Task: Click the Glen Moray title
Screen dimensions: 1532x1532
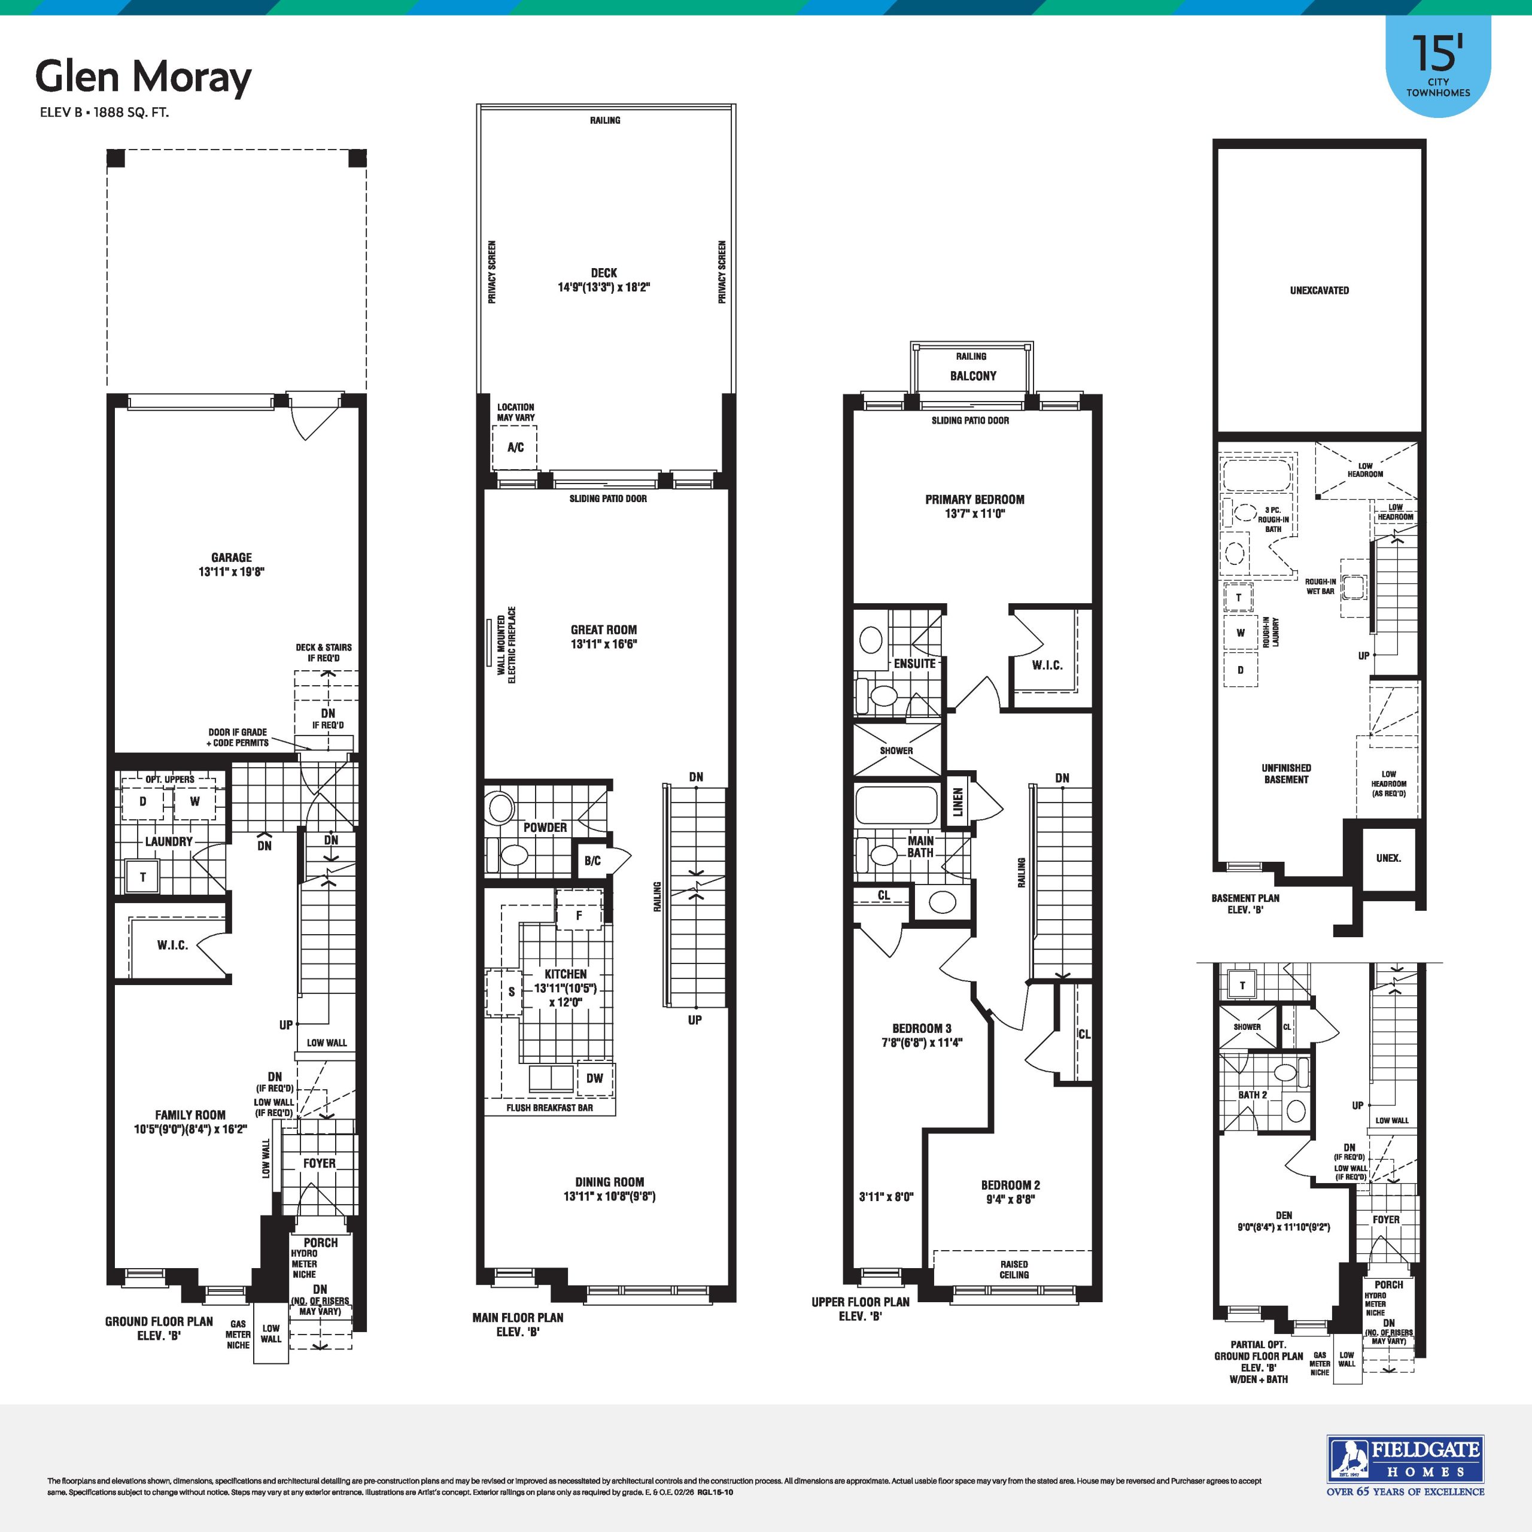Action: click(x=144, y=78)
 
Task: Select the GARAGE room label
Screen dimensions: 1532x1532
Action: click(x=232, y=558)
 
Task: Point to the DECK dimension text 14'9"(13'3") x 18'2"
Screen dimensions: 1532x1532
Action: click(x=603, y=287)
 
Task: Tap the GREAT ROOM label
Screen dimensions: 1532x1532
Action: click(x=603, y=630)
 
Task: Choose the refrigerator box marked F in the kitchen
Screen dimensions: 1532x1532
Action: click(x=579, y=914)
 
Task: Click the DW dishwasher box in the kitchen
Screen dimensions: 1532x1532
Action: click(x=595, y=1078)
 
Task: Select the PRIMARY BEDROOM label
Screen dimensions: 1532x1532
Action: click(x=974, y=500)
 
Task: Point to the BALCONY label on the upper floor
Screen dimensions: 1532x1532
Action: click(x=973, y=376)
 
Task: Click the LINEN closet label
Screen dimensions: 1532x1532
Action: click(x=959, y=802)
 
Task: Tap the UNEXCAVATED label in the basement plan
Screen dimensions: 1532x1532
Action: click(x=1320, y=290)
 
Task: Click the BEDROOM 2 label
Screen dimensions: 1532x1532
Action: click(x=1010, y=1185)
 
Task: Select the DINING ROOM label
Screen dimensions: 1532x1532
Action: click(x=610, y=1181)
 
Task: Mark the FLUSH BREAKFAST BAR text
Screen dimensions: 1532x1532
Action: click(x=549, y=1108)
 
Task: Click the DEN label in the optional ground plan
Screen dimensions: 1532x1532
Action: click(x=1284, y=1215)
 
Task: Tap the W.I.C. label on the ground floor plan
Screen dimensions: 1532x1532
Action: click(x=172, y=945)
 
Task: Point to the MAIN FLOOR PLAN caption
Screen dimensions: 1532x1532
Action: click(x=518, y=1317)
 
